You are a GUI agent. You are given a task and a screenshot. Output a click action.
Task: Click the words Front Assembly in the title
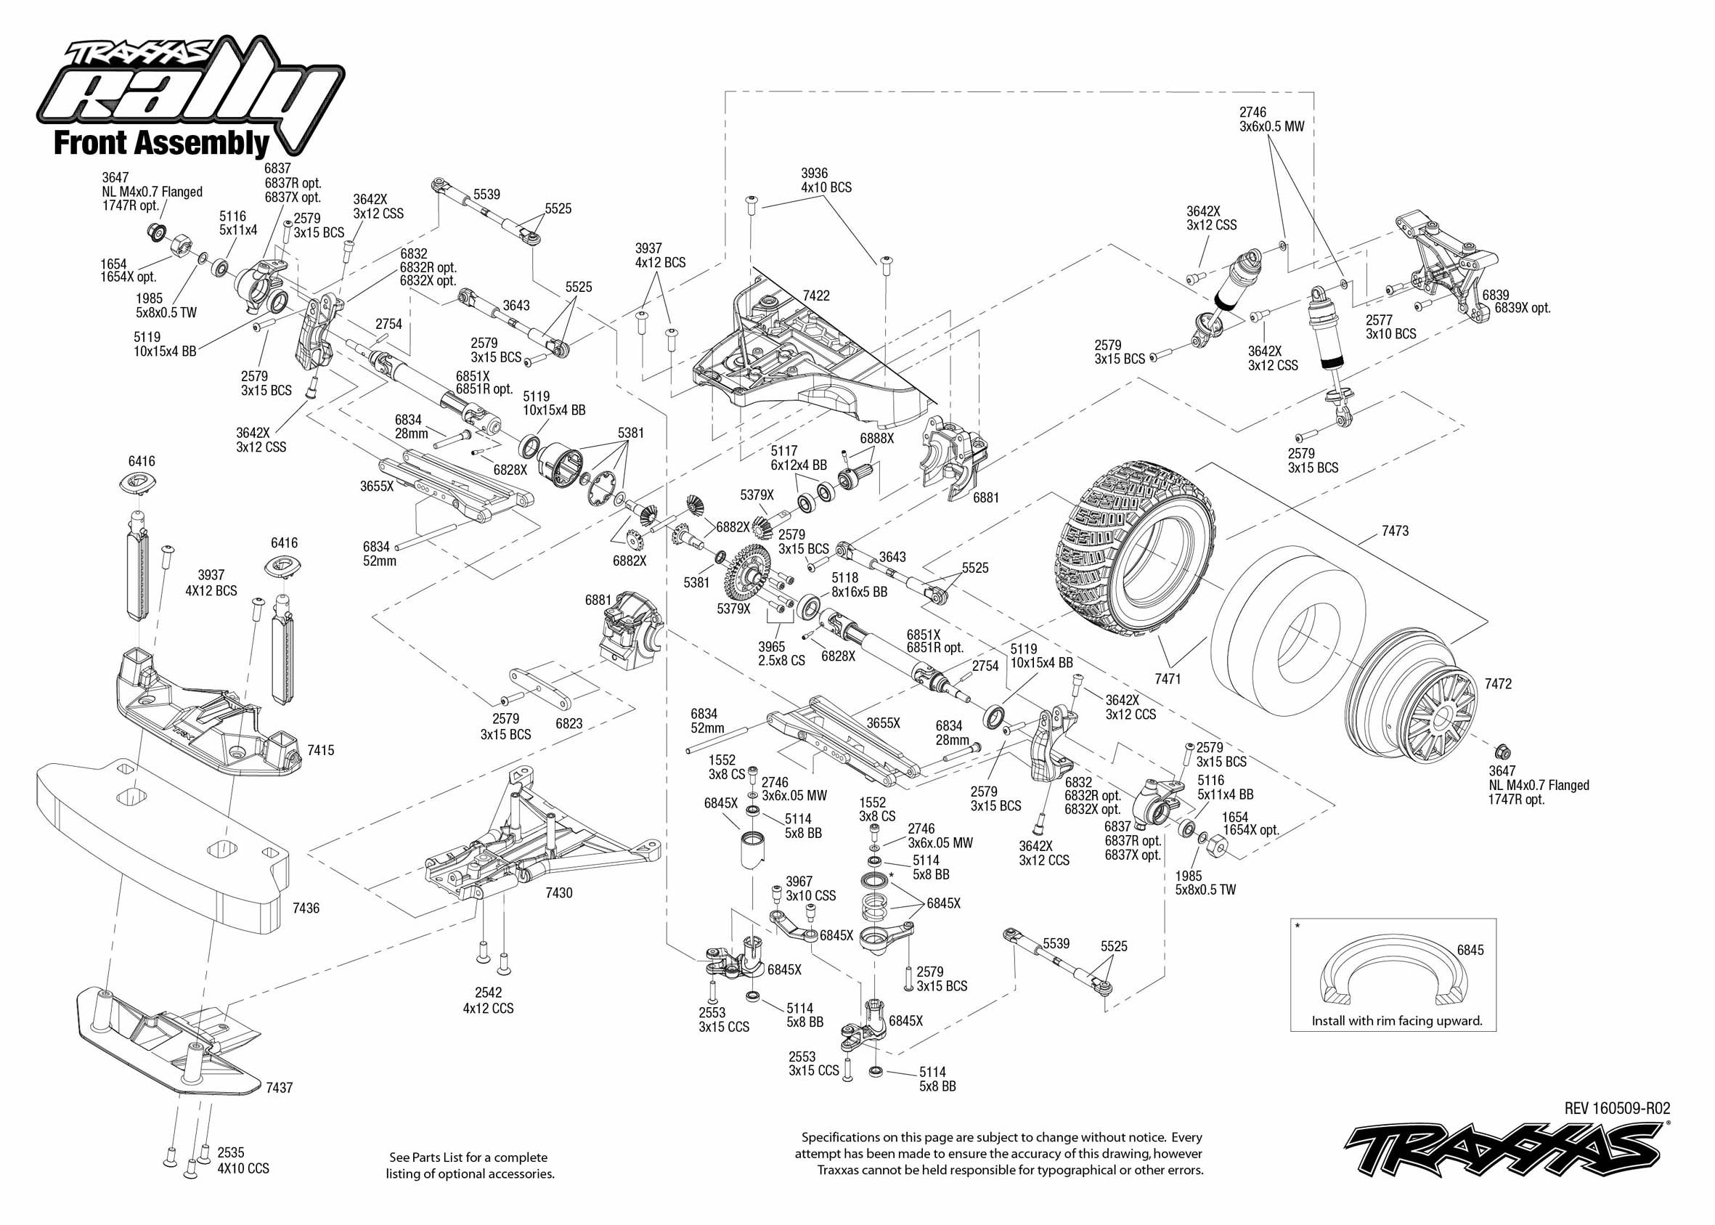[161, 143]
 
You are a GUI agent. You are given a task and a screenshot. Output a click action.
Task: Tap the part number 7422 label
[816, 296]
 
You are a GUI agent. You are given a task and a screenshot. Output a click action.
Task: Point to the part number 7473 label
[1395, 531]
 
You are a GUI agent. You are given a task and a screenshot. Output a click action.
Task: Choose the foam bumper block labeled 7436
[162, 845]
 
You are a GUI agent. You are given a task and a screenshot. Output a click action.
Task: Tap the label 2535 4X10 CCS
[242, 1160]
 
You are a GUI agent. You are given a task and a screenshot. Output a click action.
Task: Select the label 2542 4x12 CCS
[488, 1000]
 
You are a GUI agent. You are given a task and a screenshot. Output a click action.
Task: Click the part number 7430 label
[559, 893]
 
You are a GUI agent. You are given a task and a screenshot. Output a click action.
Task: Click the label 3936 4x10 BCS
[826, 180]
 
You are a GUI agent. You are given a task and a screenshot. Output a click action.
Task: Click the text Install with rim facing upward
[1397, 1022]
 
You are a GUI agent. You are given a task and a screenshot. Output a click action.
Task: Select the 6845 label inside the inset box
[1470, 950]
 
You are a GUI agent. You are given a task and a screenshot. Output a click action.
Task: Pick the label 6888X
[876, 437]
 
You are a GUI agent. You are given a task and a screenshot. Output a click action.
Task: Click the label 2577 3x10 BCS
[1390, 327]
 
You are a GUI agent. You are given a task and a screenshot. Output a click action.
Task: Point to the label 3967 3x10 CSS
[810, 889]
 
